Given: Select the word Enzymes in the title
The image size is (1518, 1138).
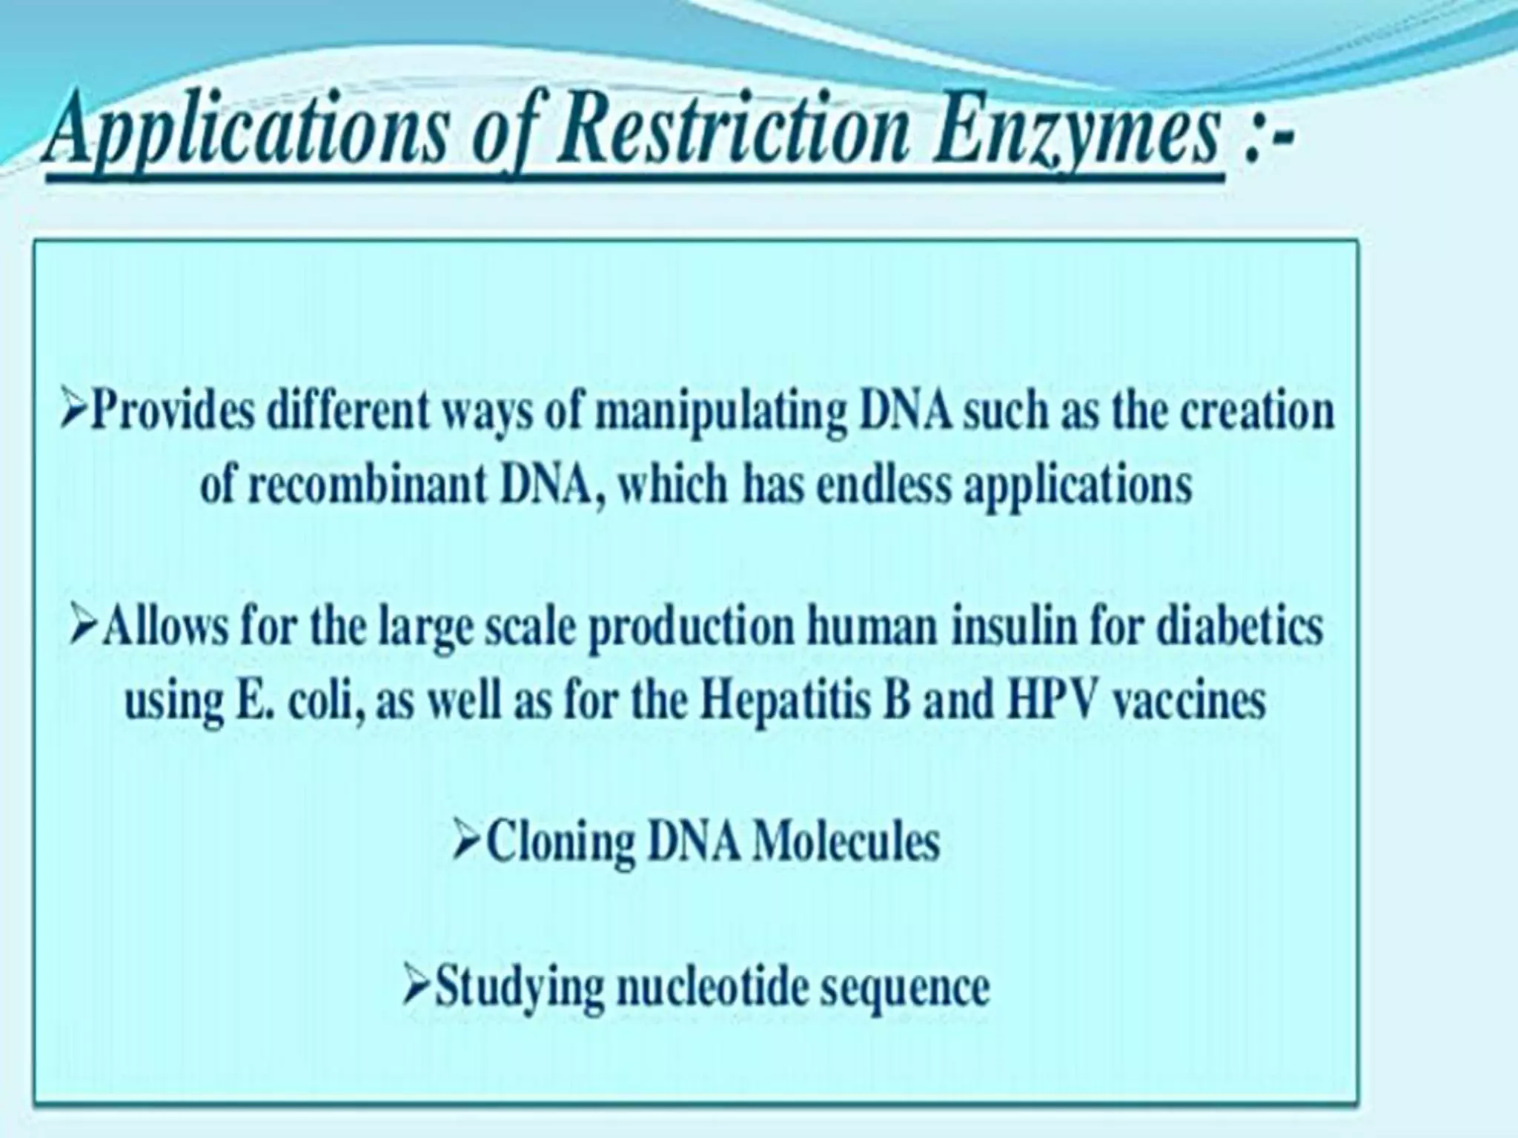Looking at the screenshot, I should tap(1075, 132).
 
